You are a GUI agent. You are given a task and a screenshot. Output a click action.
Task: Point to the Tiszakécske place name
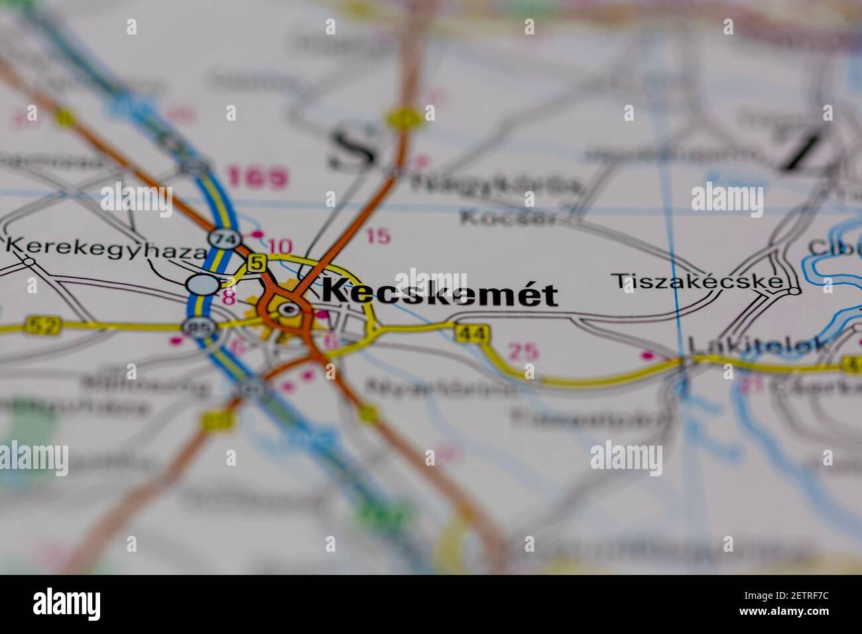pyautogui.click(x=696, y=281)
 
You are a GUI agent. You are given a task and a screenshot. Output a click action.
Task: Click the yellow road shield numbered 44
pyautogui.click(x=472, y=333)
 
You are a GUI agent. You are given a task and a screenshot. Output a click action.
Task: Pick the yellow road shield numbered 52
pyautogui.click(x=42, y=325)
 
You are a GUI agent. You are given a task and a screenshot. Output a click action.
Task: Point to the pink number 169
pyautogui.click(x=258, y=178)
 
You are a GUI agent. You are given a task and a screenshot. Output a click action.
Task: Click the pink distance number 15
pyautogui.click(x=378, y=236)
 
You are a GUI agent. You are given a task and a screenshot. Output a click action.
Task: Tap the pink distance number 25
pyautogui.click(x=523, y=351)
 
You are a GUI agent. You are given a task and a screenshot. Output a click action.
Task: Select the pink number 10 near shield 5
pyautogui.click(x=280, y=246)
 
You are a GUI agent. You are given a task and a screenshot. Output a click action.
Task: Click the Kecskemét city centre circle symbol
pyautogui.click(x=287, y=309)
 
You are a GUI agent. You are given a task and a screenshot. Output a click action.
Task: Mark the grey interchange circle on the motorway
pyautogui.click(x=203, y=285)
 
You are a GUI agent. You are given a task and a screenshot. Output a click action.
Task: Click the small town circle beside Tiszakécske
pyautogui.click(x=794, y=290)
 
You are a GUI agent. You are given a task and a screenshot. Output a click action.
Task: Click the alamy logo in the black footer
pyautogui.click(x=66, y=604)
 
